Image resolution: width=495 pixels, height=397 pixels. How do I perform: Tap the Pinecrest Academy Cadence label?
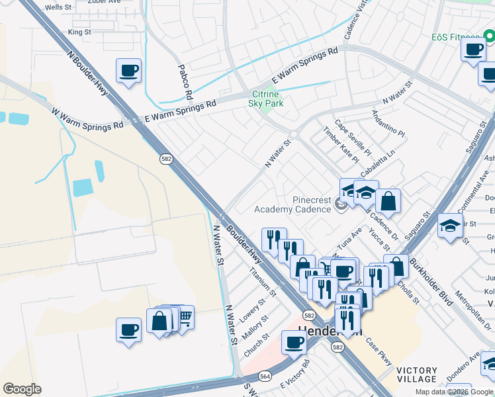coord(292,204)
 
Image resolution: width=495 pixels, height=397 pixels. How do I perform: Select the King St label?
coord(79,32)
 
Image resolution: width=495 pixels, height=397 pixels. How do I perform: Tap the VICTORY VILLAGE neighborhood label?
coord(417,375)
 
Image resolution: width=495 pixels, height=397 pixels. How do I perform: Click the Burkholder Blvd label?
coord(430,283)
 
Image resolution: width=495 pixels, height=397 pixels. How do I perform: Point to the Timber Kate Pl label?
coord(341,146)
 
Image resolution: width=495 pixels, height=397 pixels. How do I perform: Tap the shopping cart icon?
coord(184,318)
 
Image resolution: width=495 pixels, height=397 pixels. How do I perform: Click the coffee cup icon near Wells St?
coord(128,70)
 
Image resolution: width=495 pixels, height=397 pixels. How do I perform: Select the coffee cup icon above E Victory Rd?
coord(294,342)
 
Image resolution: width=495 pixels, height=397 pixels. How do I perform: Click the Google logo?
coord(22,389)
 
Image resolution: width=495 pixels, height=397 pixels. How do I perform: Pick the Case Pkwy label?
coord(379,353)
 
